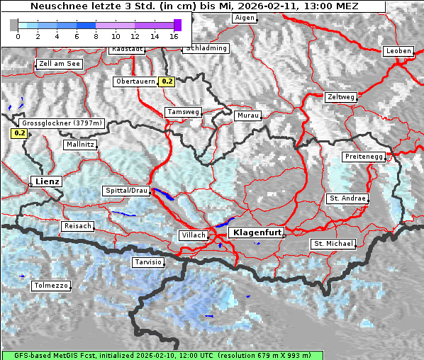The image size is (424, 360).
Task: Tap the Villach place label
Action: coord(193,235)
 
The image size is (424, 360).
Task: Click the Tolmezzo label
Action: coord(51,286)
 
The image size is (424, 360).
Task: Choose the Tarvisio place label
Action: coord(148,262)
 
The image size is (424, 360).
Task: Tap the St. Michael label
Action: coord(333,244)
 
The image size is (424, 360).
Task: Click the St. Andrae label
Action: coord(347,198)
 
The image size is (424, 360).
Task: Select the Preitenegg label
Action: coord(364,156)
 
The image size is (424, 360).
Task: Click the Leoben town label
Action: coord(398,51)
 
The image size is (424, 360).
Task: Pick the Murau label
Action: coord(248,115)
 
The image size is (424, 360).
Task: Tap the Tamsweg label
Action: coord(183,112)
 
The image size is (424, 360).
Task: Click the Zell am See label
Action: coord(59,64)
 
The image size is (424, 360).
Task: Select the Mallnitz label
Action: coord(79,144)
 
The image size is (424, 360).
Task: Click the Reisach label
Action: coord(78,226)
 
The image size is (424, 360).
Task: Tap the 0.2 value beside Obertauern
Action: coord(167,81)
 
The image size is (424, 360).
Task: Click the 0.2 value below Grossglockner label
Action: coord(19,133)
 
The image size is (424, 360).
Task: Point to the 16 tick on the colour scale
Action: coord(174,36)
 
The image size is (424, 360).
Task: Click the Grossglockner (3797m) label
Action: coord(63,123)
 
